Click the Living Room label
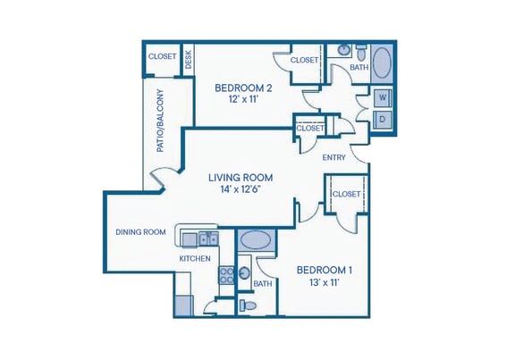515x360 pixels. pyautogui.click(x=241, y=176)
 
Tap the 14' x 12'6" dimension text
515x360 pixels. pyautogui.click(x=241, y=189)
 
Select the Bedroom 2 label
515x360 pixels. pyautogui.click(x=243, y=88)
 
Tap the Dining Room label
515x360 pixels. pyautogui.click(x=140, y=232)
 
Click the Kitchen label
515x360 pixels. pyautogui.click(x=194, y=259)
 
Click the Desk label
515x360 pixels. pyautogui.click(x=189, y=60)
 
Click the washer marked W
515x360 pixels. pyautogui.click(x=383, y=96)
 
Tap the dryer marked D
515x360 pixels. pyautogui.click(x=383, y=119)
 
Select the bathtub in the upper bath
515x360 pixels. pyautogui.click(x=382, y=63)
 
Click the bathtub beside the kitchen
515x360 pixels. pyautogui.click(x=257, y=240)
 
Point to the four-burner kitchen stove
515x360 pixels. pyautogui.click(x=226, y=274)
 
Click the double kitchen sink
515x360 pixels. pyautogui.click(x=207, y=239)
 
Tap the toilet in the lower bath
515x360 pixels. pyautogui.click(x=249, y=306)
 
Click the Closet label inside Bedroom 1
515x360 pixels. pyautogui.click(x=345, y=194)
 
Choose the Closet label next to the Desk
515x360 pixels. pyautogui.click(x=162, y=55)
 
